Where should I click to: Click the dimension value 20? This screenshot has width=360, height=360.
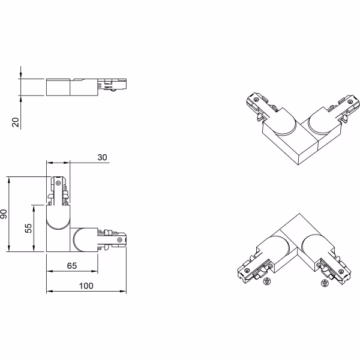coord(16,122)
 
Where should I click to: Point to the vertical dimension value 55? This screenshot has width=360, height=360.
coord(27,229)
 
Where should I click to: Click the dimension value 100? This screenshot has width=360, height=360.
coord(86,287)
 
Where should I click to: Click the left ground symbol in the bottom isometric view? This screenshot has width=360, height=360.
coord(268,280)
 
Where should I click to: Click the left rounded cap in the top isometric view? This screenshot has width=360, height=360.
coord(282,124)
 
